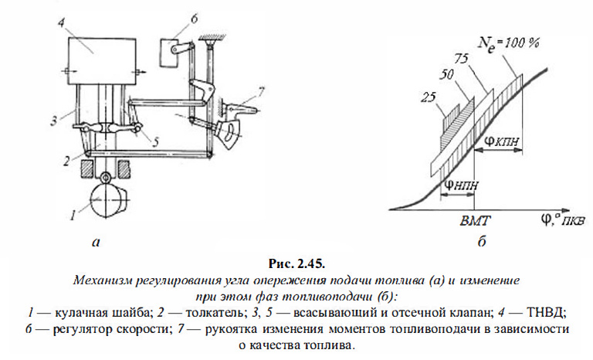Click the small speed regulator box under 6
[168, 53]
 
